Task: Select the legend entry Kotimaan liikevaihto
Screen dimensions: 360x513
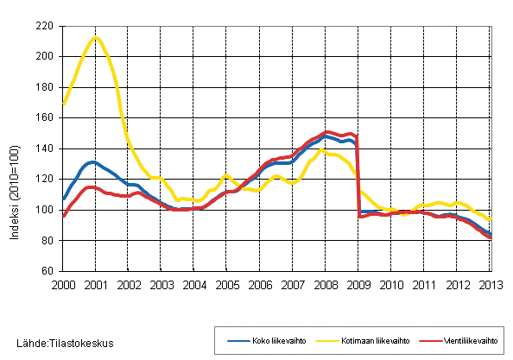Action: [356, 340]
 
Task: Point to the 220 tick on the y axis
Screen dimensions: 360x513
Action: [44, 26]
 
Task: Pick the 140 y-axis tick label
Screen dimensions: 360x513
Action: [44, 148]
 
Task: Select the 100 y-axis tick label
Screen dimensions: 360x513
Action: [44, 210]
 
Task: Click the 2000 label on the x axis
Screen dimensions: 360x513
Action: [63, 285]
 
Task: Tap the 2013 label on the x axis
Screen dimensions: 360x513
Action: [490, 285]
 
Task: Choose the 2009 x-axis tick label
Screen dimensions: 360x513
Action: [358, 285]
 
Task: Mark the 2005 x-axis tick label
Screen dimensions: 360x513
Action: [227, 285]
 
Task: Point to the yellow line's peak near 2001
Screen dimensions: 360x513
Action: [96, 37]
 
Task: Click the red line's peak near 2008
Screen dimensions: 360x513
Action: [326, 131]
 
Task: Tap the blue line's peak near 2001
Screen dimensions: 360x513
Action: [93, 161]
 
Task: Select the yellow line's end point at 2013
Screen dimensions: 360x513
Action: [491, 219]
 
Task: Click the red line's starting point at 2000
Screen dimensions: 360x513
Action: [63, 216]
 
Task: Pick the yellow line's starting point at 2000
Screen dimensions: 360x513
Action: [63, 104]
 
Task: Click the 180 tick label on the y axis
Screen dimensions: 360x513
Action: [44, 87]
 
